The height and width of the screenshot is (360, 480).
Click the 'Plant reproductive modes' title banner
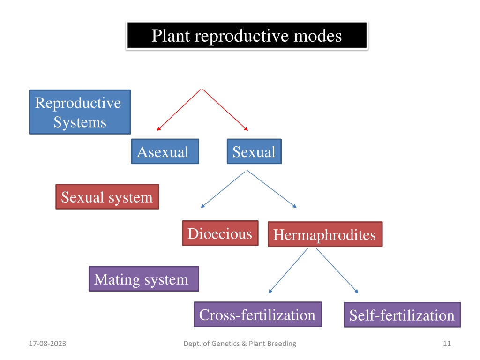tap(247, 35)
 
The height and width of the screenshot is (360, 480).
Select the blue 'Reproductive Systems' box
tap(80, 112)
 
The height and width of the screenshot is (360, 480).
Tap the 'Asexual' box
tap(165, 151)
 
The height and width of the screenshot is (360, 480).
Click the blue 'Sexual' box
tap(254, 151)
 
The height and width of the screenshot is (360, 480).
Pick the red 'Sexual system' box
tap(107, 196)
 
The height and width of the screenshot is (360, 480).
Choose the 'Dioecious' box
tap(220, 233)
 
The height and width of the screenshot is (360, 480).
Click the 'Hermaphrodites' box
tap(325, 234)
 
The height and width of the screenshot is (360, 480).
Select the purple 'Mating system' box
tap(143, 278)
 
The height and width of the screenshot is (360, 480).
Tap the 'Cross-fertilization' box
tap(258, 315)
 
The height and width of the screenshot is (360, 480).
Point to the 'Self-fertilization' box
tap(402, 315)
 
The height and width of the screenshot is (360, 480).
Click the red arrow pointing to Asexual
tap(179, 110)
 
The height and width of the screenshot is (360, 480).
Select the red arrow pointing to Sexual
tap(225, 110)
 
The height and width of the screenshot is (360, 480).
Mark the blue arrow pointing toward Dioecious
tap(223, 189)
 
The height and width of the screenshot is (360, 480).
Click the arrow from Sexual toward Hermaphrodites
tap(272, 189)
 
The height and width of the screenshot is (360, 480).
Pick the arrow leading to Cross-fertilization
tap(288, 270)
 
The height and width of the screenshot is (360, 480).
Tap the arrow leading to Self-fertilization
tap(337, 270)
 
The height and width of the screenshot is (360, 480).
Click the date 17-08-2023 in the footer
tap(47, 344)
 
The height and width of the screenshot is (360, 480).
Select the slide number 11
tap(447, 344)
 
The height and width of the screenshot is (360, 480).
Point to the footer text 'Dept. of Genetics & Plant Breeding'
tap(240, 344)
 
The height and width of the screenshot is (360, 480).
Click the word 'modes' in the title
tap(318, 36)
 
